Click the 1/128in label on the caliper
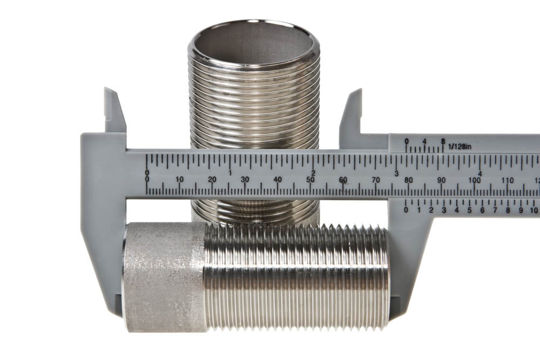460,147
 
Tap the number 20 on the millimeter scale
212,180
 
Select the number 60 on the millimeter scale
343,180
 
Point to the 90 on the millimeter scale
441,180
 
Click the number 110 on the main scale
508,180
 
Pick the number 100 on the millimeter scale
475,180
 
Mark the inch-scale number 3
397,173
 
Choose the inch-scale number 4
480,173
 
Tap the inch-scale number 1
230,173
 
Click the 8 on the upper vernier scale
443,141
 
